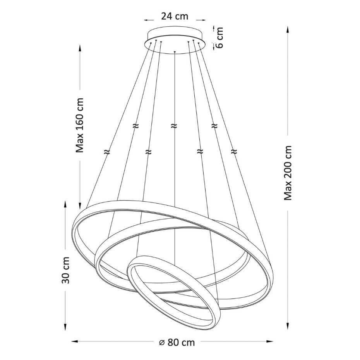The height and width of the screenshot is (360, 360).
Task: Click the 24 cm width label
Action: click(175, 16)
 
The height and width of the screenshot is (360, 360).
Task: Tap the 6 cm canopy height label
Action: click(219, 38)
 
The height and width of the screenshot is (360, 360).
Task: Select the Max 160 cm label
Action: click(80, 125)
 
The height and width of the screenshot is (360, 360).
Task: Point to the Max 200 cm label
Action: click(288, 173)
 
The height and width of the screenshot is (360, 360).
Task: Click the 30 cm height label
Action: click(65, 270)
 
